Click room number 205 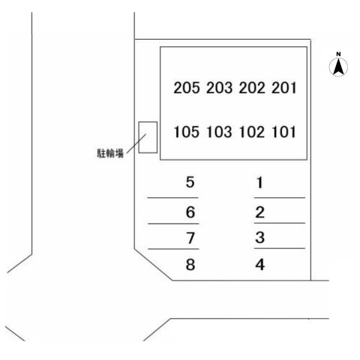point(187,88)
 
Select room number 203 point(219,88)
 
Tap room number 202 point(252,88)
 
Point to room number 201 point(284,88)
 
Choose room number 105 point(187,132)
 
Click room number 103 point(219,132)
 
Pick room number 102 point(251,132)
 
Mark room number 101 point(283,132)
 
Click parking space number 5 point(190,182)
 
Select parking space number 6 point(190,212)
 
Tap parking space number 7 point(190,238)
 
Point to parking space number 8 point(190,264)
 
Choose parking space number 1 point(259,182)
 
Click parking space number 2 point(260,212)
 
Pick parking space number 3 point(260,238)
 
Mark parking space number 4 point(260,265)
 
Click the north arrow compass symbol point(338,67)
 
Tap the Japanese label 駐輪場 point(110,153)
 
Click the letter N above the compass point(338,54)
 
